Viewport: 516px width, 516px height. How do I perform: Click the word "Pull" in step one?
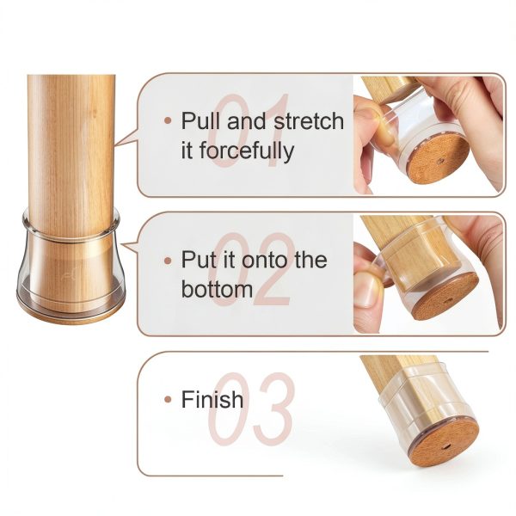(200, 120)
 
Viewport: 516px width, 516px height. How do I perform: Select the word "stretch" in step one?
(309, 120)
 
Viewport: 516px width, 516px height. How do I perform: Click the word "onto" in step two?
(265, 260)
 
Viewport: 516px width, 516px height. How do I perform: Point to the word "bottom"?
(218, 289)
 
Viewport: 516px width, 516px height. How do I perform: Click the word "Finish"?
(212, 399)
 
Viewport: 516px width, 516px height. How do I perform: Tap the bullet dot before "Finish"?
(168, 400)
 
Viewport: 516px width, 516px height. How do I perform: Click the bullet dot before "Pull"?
(168, 120)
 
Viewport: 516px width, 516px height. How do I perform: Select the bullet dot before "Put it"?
(168, 261)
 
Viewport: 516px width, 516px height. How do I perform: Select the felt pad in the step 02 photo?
(445, 297)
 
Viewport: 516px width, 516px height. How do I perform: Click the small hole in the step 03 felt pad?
(446, 447)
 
